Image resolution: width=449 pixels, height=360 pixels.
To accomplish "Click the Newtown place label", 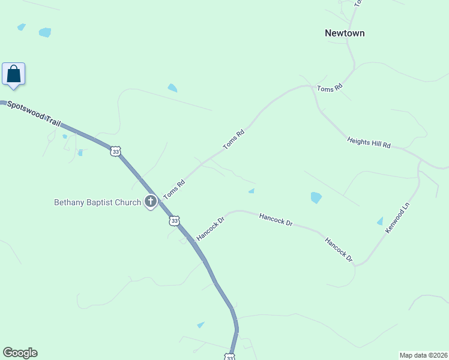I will pyautogui.click(x=345, y=34).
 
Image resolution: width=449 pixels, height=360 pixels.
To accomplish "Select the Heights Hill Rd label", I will pyautogui.click(x=369, y=142).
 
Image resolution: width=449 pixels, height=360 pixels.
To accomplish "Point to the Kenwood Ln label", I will pyautogui.click(x=397, y=218).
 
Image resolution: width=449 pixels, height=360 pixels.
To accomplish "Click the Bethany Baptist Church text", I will pyautogui.click(x=97, y=202).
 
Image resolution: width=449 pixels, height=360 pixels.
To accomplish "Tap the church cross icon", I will pyautogui.click(x=151, y=202).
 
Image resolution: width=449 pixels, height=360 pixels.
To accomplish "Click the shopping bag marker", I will pyautogui.click(x=13, y=75).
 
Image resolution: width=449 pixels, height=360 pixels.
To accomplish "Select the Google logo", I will pyautogui.click(x=20, y=353).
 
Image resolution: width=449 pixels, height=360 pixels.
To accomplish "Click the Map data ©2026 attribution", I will pyautogui.click(x=423, y=355).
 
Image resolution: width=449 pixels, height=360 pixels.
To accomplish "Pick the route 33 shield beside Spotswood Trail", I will pyautogui.click(x=116, y=152).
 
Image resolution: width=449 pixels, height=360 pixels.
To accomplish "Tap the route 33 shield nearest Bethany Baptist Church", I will pyautogui.click(x=174, y=221).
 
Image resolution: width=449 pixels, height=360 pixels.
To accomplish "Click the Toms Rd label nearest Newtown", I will pyautogui.click(x=330, y=88).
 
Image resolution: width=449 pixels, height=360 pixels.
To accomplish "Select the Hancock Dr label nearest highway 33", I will pyautogui.click(x=210, y=229).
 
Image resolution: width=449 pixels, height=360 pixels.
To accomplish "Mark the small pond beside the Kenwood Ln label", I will pyautogui.click(x=379, y=221).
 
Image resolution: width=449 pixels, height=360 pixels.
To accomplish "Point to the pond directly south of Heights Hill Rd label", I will pyautogui.click(x=316, y=197).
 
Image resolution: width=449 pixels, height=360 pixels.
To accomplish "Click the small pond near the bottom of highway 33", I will pyautogui.click(x=200, y=325).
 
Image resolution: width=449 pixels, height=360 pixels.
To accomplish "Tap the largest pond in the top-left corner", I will pyautogui.click(x=45, y=32).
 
